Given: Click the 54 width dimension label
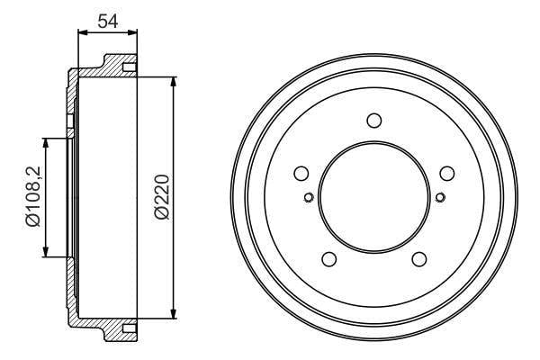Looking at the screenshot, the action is [x=108, y=21].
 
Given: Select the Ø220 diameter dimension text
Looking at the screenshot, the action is [x=162, y=197].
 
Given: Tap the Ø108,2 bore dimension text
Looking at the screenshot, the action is [x=33, y=197].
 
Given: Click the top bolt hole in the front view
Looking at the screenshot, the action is [x=374, y=121].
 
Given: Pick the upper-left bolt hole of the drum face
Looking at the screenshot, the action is [x=301, y=174].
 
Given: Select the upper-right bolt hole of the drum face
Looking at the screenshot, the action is [x=447, y=174].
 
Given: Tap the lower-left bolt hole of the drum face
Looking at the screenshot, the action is [x=328, y=259].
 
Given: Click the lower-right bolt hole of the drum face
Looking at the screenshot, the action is [x=419, y=259].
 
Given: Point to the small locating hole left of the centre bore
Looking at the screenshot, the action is [x=309, y=197].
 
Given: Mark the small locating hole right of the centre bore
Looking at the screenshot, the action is [x=440, y=197].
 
